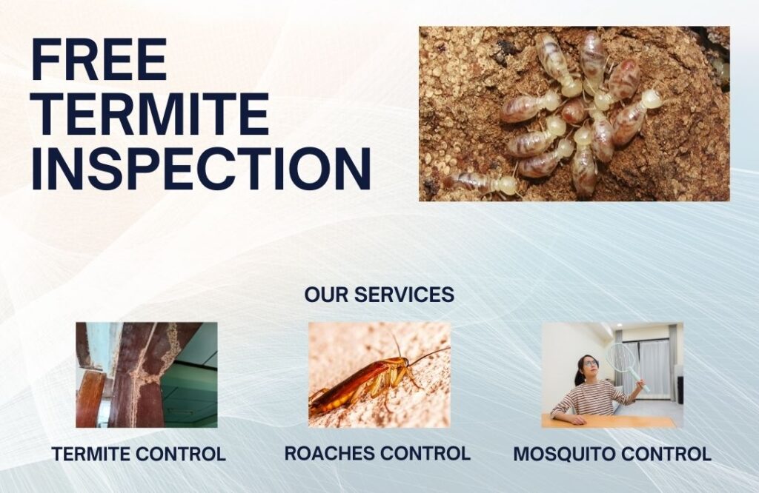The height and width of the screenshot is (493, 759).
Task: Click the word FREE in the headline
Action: (x=99, y=59)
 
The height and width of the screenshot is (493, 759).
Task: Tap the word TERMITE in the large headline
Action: (x=150, y=114)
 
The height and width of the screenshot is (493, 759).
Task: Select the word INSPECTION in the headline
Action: (x=201, y=169)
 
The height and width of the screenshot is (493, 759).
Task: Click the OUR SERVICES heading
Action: (x=379, y=295)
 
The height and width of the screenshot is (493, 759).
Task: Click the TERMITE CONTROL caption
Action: (x=139, y=455)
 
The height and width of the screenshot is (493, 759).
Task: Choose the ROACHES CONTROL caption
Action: (x=377, y=453)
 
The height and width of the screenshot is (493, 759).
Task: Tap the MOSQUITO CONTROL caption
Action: (x=611, y=455)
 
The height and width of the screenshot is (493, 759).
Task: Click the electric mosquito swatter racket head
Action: (x=620, y=358)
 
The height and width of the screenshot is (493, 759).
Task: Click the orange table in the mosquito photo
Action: (x=608, y=421)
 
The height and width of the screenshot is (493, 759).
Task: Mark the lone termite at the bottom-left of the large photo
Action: (x=482, y=184)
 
